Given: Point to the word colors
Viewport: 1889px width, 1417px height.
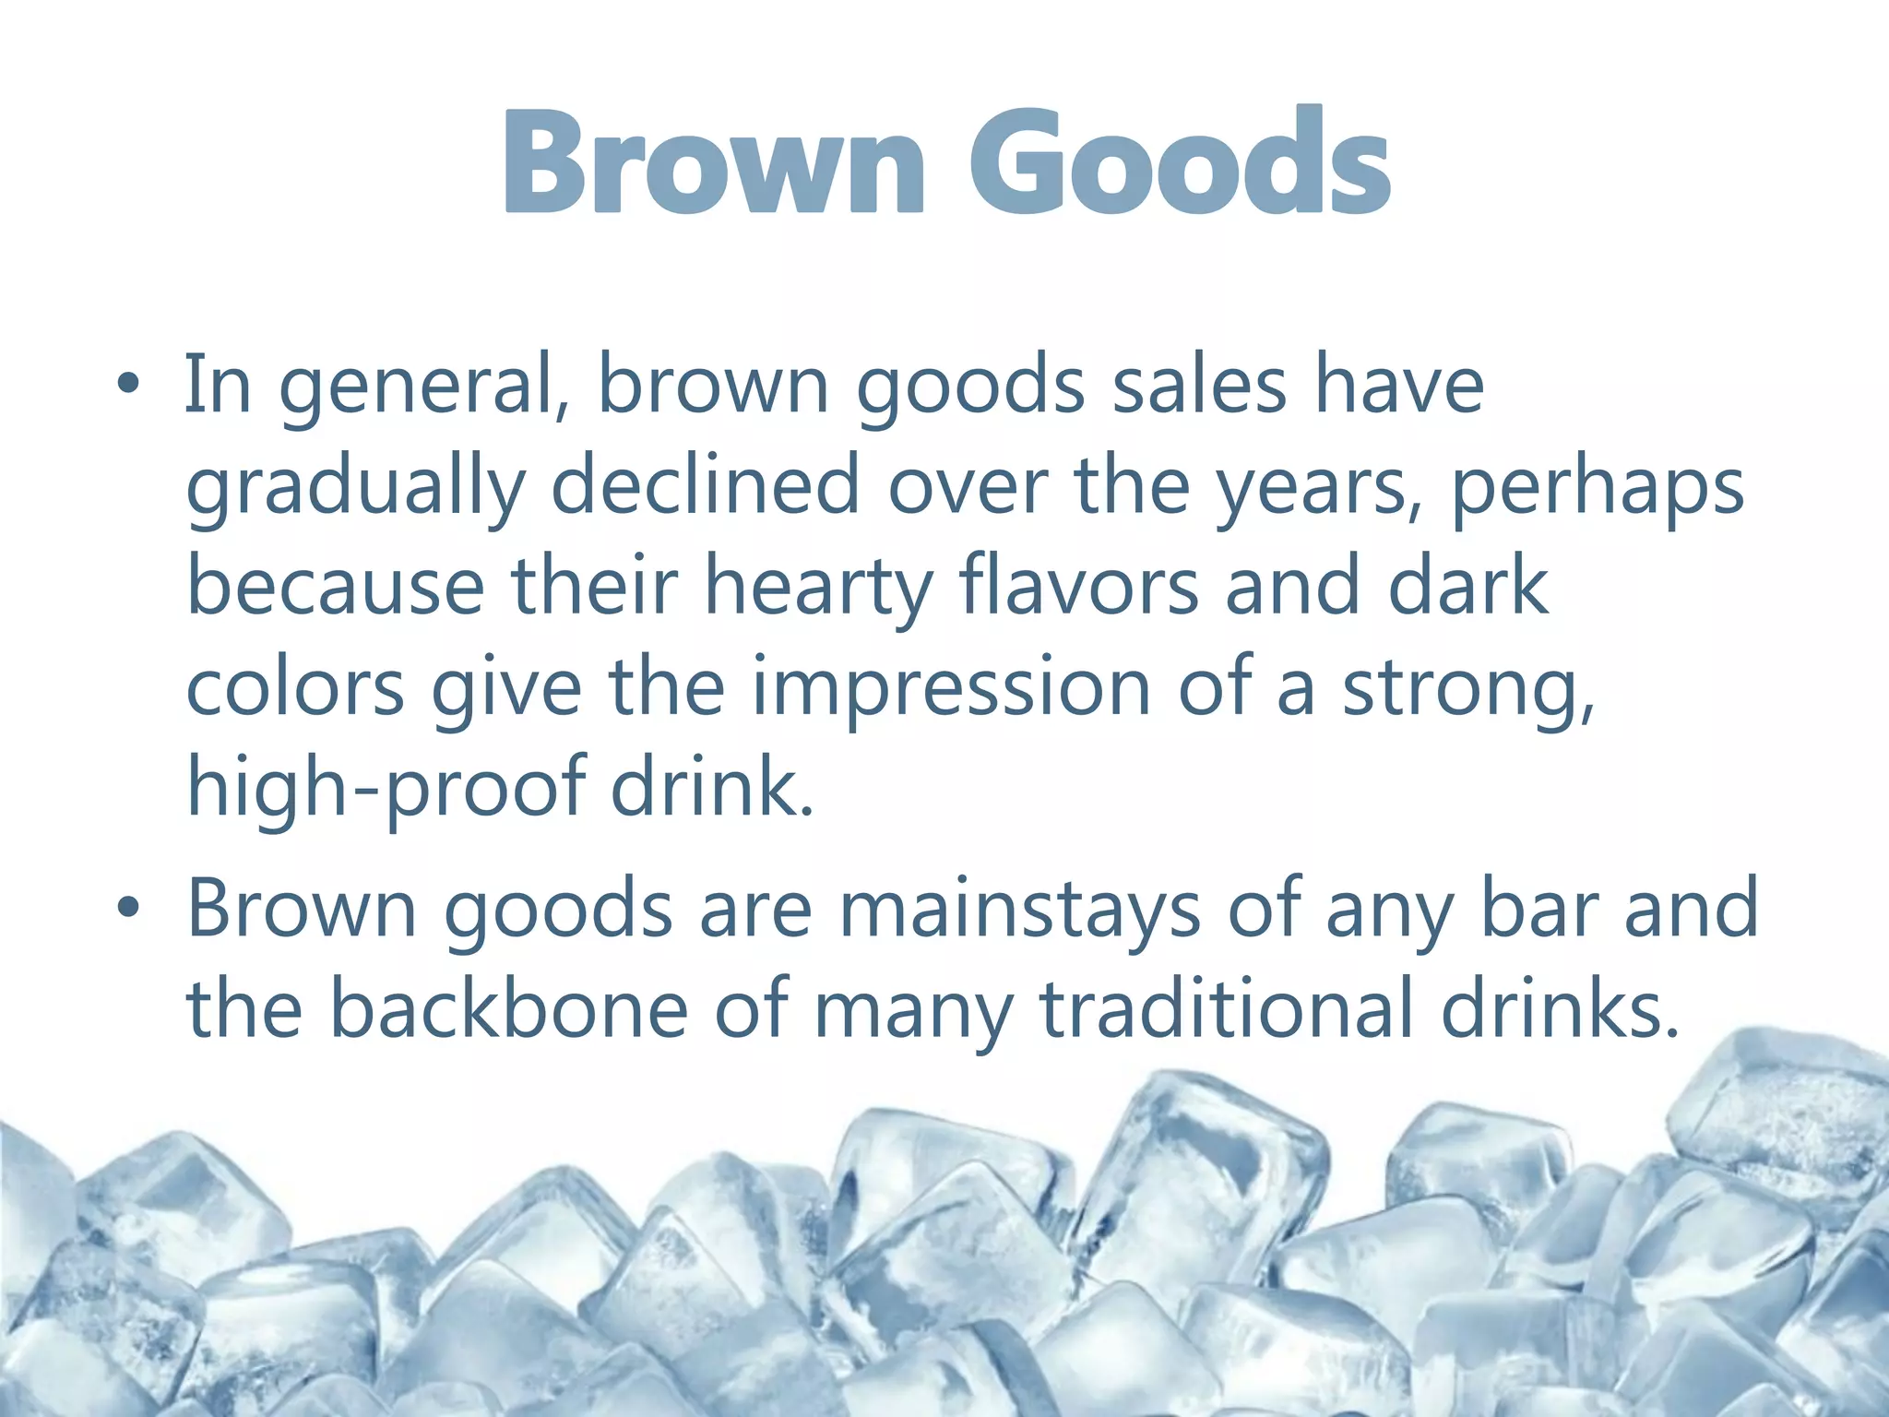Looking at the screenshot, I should [x=295, y=688].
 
